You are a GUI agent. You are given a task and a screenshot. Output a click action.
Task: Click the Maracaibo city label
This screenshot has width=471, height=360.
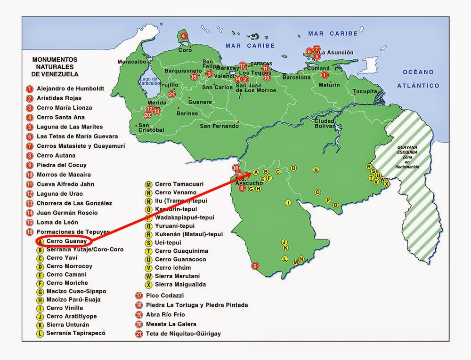129,62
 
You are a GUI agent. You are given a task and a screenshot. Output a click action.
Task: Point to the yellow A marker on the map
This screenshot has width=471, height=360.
256,172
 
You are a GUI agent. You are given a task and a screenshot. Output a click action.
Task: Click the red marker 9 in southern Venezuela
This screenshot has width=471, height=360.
255,266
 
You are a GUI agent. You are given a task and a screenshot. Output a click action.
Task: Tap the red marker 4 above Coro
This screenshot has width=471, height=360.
183,36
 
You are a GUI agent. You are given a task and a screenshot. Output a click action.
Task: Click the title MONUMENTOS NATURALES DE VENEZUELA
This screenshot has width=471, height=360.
55,67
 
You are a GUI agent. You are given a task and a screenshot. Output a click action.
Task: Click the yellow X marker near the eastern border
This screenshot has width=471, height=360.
387,184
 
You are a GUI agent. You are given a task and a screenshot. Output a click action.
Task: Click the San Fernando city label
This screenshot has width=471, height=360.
219,126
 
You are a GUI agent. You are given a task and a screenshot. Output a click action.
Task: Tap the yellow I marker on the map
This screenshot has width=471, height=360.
288,202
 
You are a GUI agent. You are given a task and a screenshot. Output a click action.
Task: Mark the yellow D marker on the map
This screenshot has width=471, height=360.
293,168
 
